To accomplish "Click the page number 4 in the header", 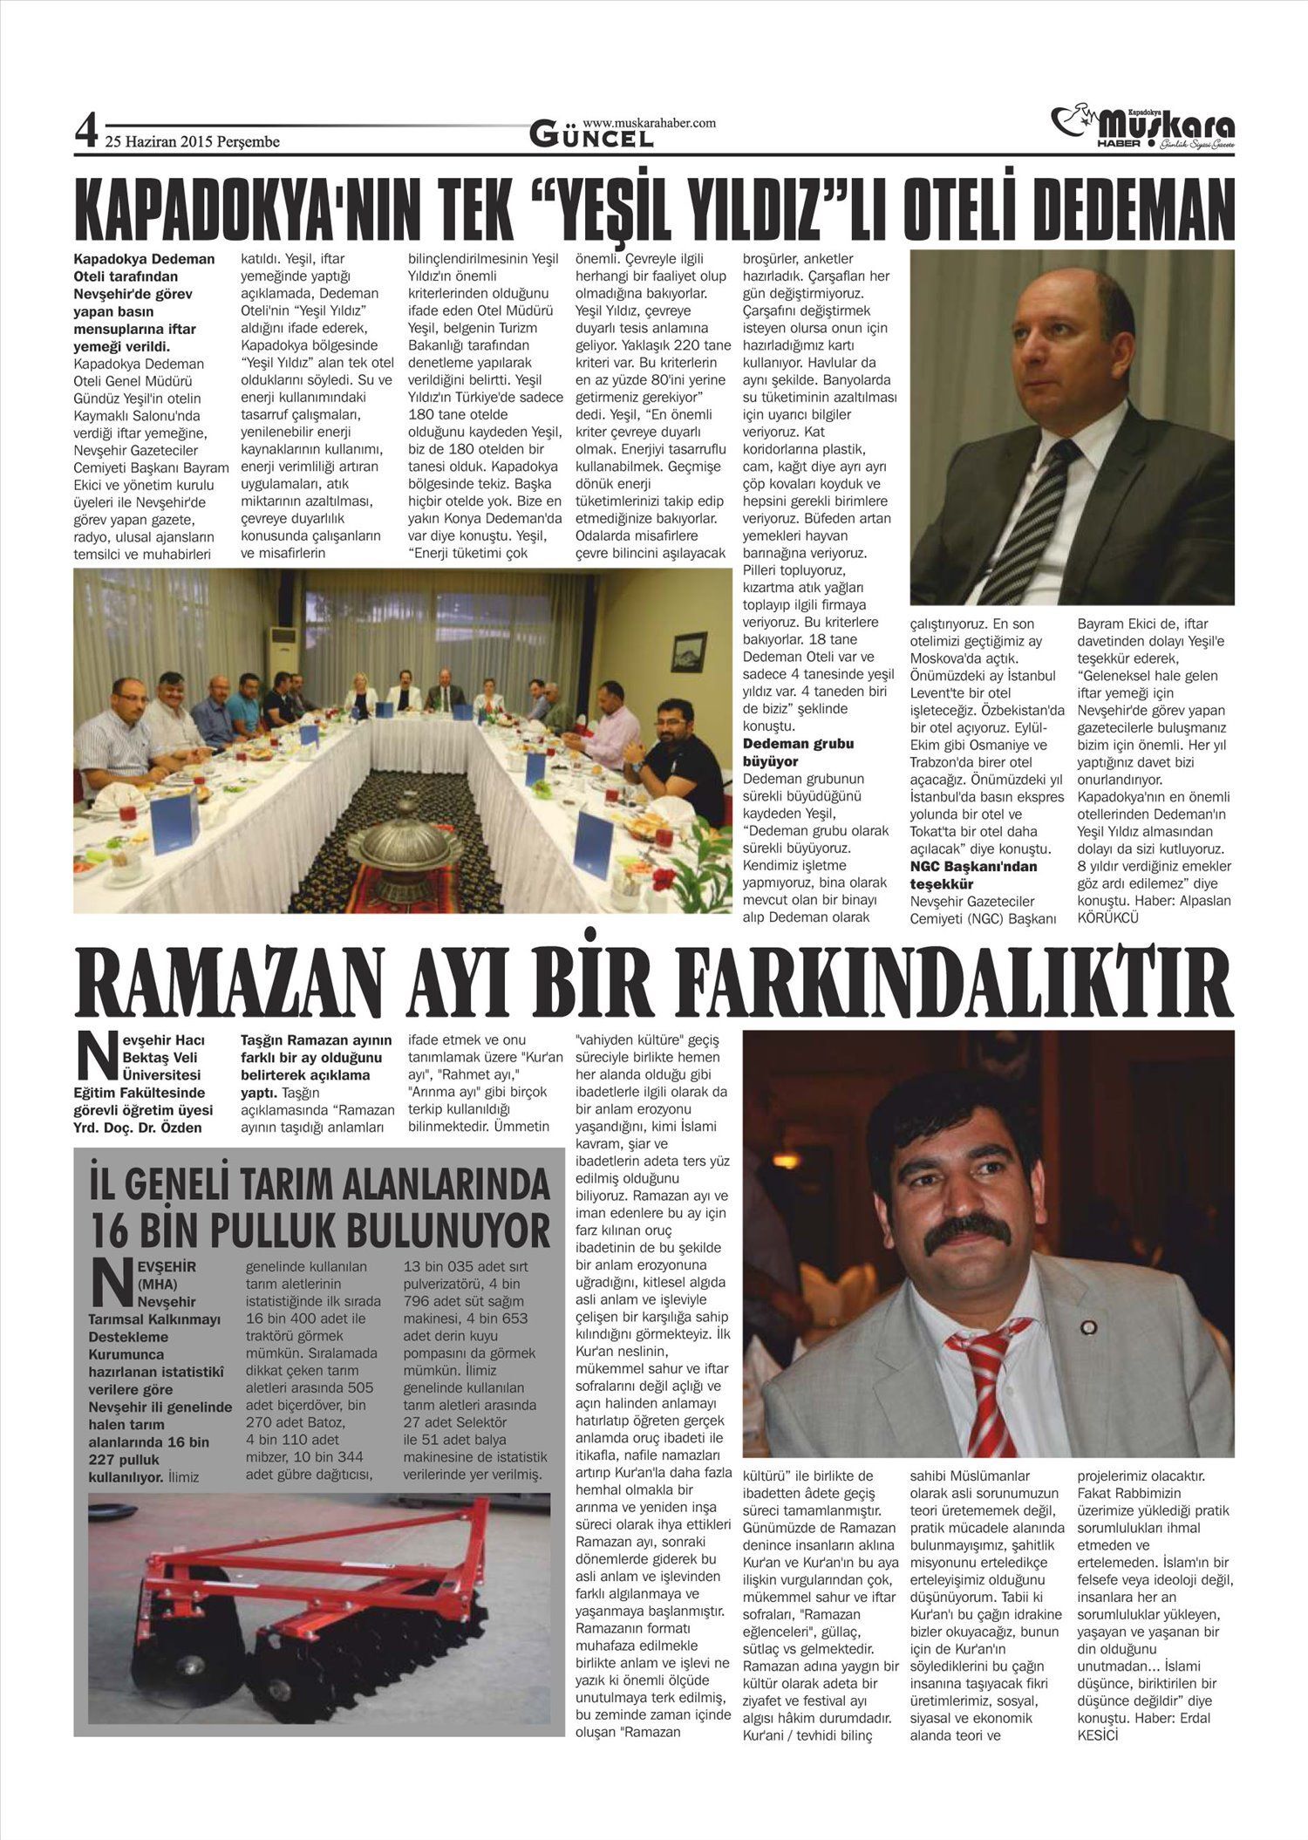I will [x=85, y=133].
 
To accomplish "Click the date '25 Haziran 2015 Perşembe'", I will [x=192, y=141].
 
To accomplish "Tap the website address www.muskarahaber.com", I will [x=649, y=124].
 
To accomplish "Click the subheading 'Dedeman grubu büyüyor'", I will [x=798, y=752].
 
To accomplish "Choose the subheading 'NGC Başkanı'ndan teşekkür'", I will [x=973, y=875].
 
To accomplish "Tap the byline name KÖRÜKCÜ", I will [x=1107, y=917].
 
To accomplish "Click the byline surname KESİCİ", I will [x=1098, y=1735].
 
